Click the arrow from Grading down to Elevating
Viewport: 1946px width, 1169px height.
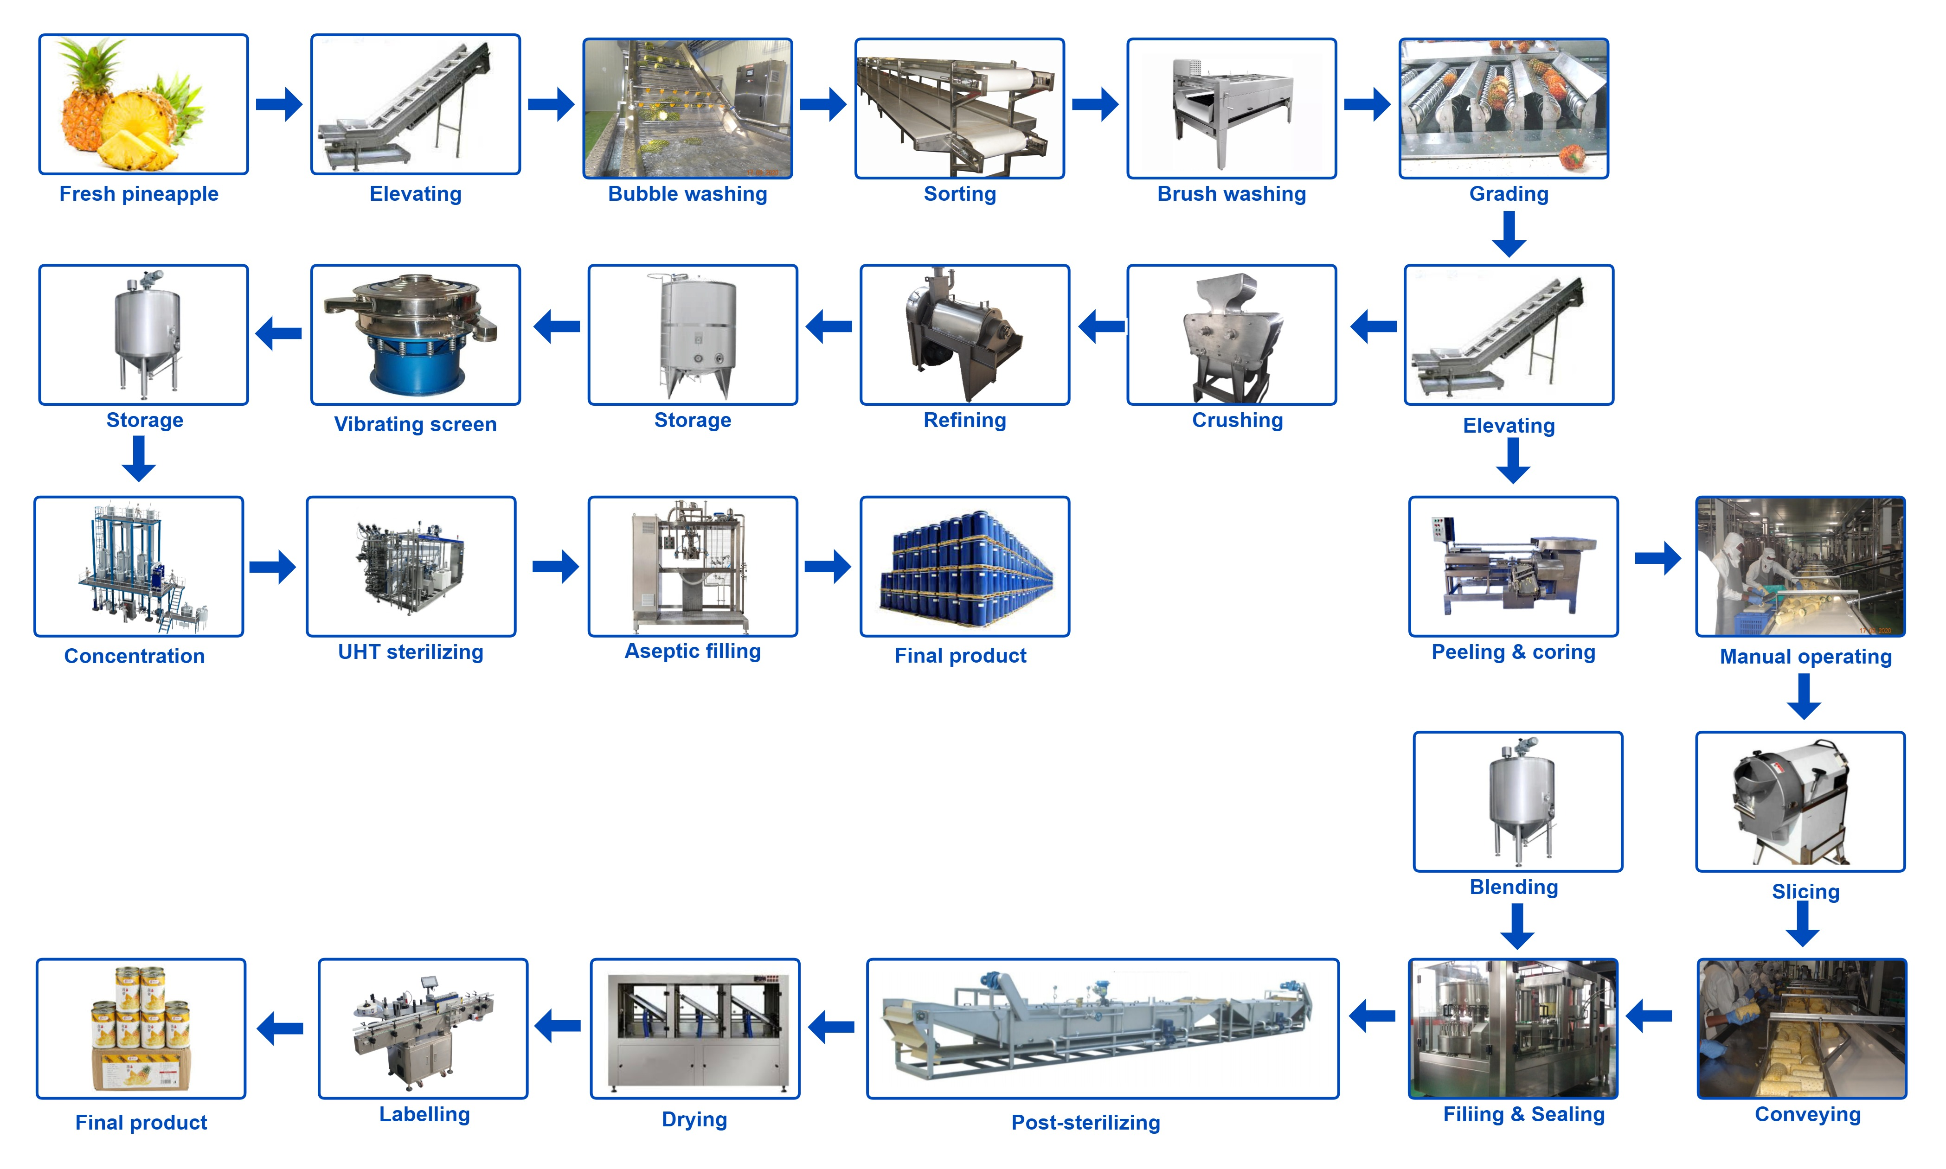(x=1508, y=235)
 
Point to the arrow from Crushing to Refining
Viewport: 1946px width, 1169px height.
(x=1101, y=326)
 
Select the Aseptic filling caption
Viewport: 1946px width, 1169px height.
(x=693, y=652)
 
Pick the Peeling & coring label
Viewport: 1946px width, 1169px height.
(x=1513, y=652)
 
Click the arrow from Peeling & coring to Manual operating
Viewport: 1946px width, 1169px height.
(x=1657, y=558)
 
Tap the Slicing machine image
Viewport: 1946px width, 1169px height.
(x=1800, y=801)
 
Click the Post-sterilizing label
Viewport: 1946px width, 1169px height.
(x=1085, y=1123)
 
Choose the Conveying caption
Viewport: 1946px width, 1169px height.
(x=1807, y=1115)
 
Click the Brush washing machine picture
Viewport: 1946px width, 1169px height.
(x=1232, y=108)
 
